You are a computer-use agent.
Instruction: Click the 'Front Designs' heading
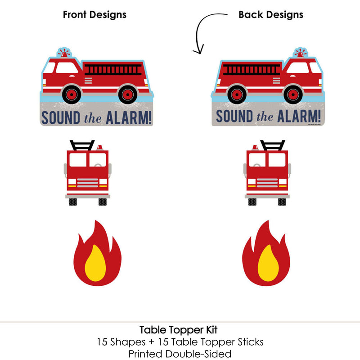point(94,14)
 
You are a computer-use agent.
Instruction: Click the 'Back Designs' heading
point(270,14)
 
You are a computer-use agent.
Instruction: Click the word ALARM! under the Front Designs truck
point(129,117)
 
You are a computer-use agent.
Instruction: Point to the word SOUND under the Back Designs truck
point(233,117)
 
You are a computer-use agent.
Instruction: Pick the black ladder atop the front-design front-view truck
point(82,145)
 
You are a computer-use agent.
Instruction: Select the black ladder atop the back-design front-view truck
point(273,145)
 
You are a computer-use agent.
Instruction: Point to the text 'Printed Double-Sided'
point(180,353)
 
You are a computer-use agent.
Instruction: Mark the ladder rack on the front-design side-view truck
point(108,70)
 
